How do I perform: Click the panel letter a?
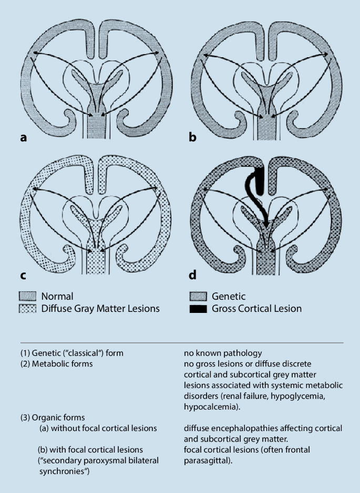23,138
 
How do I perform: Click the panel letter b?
193,138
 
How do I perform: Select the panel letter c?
23,274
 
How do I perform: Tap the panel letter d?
193,274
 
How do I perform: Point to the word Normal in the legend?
57,296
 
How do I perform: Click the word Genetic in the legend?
229,296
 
